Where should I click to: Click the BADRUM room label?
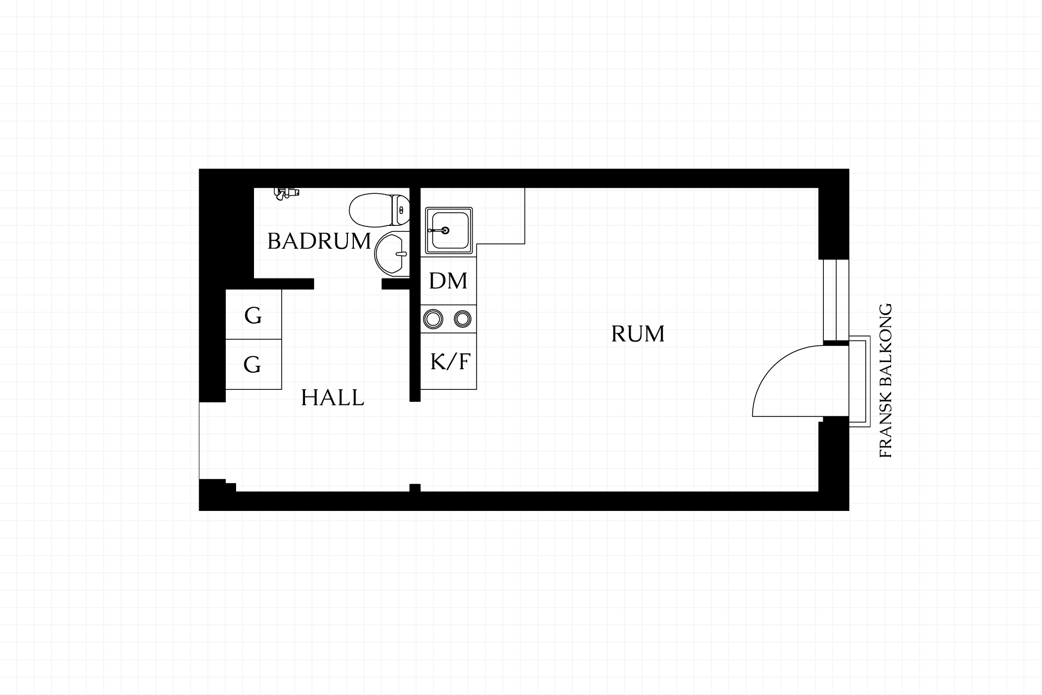point(319,241)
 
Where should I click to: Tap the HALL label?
point(332,398)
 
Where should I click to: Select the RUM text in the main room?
point(638,334)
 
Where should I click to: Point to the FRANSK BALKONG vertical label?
point(885,380)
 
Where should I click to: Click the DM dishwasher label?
point(448,281)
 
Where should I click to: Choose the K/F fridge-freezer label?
point(449,362)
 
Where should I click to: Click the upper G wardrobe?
point(253,315)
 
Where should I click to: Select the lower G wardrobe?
point(253,364)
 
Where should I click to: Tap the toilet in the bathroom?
point(379,211)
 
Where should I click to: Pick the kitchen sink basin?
point(449,231)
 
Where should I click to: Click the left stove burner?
point(433,319)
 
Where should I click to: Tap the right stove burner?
point(462,319)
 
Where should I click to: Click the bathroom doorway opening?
point(348,283)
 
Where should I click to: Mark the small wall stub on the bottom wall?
point(415,488)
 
